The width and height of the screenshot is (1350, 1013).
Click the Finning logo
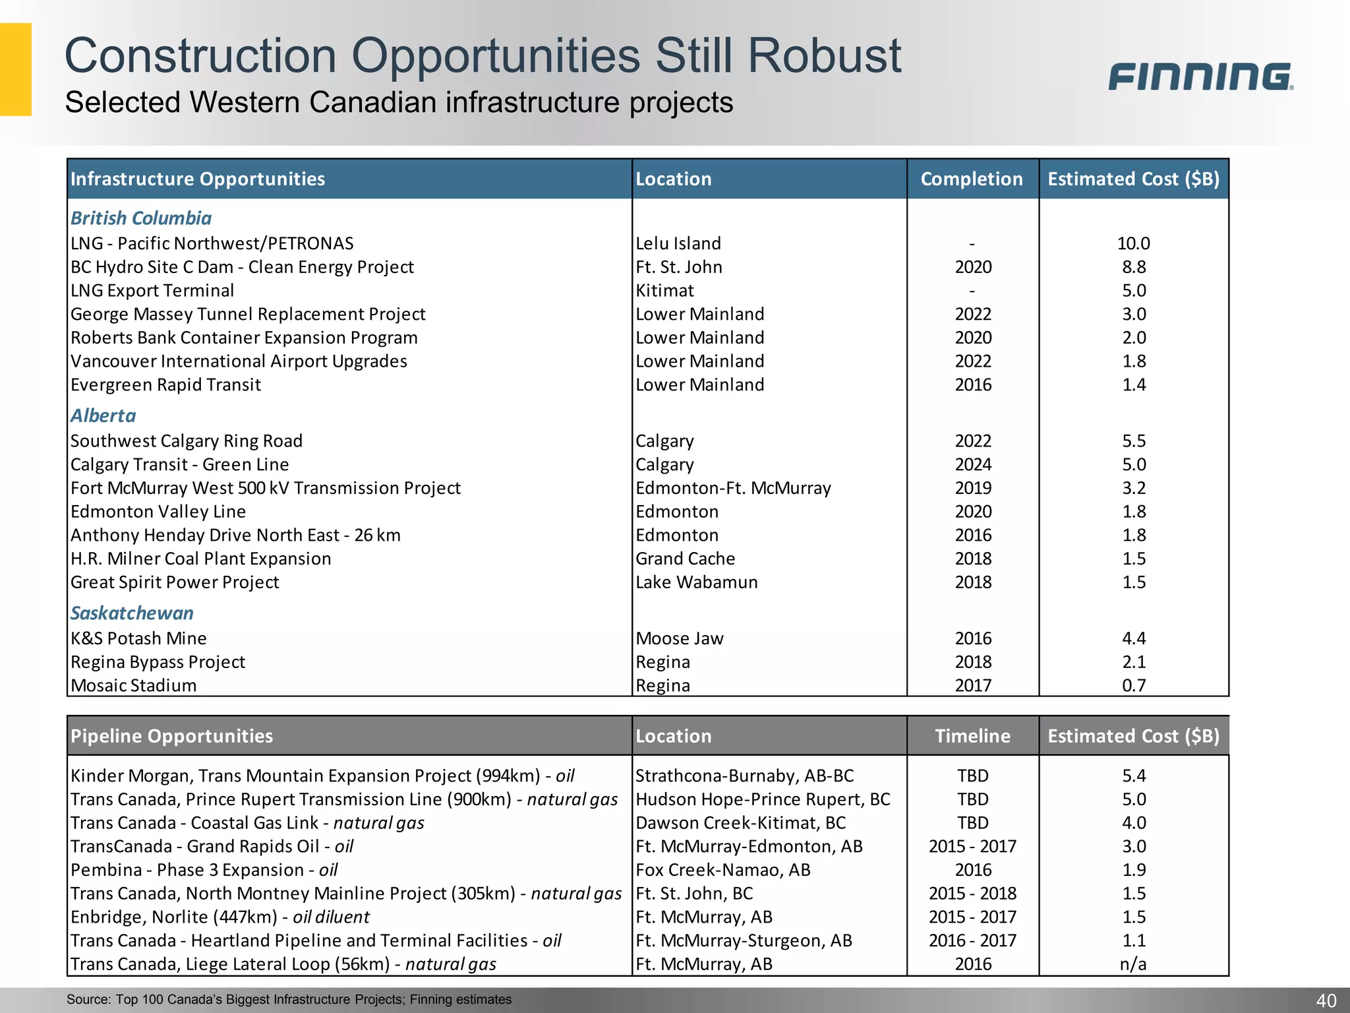1200,77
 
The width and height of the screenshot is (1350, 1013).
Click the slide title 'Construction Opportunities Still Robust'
483,55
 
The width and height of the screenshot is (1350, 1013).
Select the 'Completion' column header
972,179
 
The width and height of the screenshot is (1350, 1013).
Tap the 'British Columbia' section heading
141,218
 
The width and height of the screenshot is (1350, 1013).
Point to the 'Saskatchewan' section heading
132,613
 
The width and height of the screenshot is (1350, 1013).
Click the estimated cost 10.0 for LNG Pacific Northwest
1133,243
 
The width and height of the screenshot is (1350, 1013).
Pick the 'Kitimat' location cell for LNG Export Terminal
664,291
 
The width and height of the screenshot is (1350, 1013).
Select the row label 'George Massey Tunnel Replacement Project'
248,314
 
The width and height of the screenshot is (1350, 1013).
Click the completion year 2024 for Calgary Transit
973,464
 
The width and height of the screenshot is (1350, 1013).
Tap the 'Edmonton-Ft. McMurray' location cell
733,488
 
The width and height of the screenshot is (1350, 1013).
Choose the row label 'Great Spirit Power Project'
175,582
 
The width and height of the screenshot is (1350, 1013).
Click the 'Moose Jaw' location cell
679,638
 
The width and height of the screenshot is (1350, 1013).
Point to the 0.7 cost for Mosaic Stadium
1134,685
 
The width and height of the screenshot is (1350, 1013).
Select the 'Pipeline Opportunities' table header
171,736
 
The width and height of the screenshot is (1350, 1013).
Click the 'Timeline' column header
972,736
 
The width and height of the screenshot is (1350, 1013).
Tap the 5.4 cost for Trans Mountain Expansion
1134,776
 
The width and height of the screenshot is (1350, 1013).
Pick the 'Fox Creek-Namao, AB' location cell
722,870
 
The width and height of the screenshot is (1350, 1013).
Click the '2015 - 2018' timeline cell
972,894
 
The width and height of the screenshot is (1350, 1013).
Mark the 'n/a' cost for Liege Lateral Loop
1133,964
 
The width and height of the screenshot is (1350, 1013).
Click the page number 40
1326,1000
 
